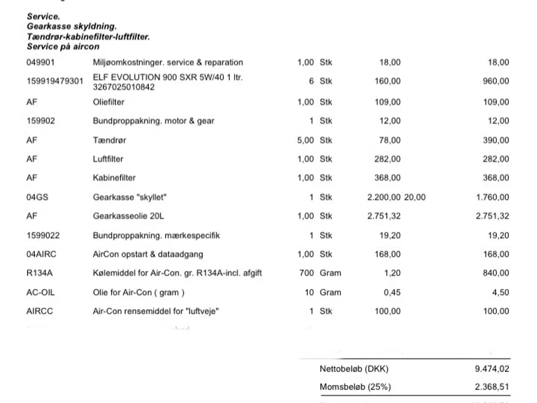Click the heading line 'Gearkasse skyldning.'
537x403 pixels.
[x=71, y=26]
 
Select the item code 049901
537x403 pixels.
[x=40, y=63]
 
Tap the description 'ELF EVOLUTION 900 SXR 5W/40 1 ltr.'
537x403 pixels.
[x=167, y=77]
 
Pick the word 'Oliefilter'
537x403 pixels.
[x=108, y=102]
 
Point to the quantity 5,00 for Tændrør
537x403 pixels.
[x=305, y=140]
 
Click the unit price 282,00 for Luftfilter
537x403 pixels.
[x=387, y=159]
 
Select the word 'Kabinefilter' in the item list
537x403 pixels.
[x=114, y=178]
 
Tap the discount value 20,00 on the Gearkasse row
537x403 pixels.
[x=414, y=197]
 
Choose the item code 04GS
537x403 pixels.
[x=37, y=197]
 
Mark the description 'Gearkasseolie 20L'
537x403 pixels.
[x=128, y=216]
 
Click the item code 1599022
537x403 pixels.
[x=43, y=236]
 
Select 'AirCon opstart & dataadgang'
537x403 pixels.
[x=148, y=254]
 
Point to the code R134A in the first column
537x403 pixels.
[x=39, y=273]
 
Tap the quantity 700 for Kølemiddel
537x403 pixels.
[x=306, y=273]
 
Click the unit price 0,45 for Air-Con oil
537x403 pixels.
[x=392, y=293]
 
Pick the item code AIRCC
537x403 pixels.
[x=39, y=311]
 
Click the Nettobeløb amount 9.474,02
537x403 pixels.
[x=492, y=369]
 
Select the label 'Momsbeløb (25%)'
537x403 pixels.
[x=355, y=387]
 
